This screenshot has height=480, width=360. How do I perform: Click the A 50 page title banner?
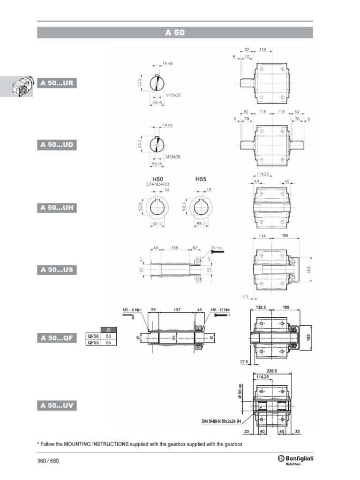pos(175,33)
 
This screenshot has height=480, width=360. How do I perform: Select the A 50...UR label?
pos(57,83)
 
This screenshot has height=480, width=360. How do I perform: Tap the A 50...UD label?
pos(57,145)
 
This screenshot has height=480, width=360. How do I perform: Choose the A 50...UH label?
pos(57,207)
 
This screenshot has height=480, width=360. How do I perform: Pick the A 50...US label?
pos(57,270)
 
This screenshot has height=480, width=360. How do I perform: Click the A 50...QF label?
pos(57,338)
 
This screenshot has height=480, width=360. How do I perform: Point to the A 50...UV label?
pos(57,405)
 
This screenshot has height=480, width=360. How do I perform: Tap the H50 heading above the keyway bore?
pos(157,179)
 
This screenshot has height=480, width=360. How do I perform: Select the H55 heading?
pos(201,179)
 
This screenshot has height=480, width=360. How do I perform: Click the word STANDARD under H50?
pos(157,185)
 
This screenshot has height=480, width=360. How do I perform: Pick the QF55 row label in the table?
pos(93,343)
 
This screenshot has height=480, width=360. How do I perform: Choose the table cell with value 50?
pos(109,336)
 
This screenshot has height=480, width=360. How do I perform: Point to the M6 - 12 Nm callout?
pos(220,310)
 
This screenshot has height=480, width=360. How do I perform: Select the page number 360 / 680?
pos(48,460)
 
